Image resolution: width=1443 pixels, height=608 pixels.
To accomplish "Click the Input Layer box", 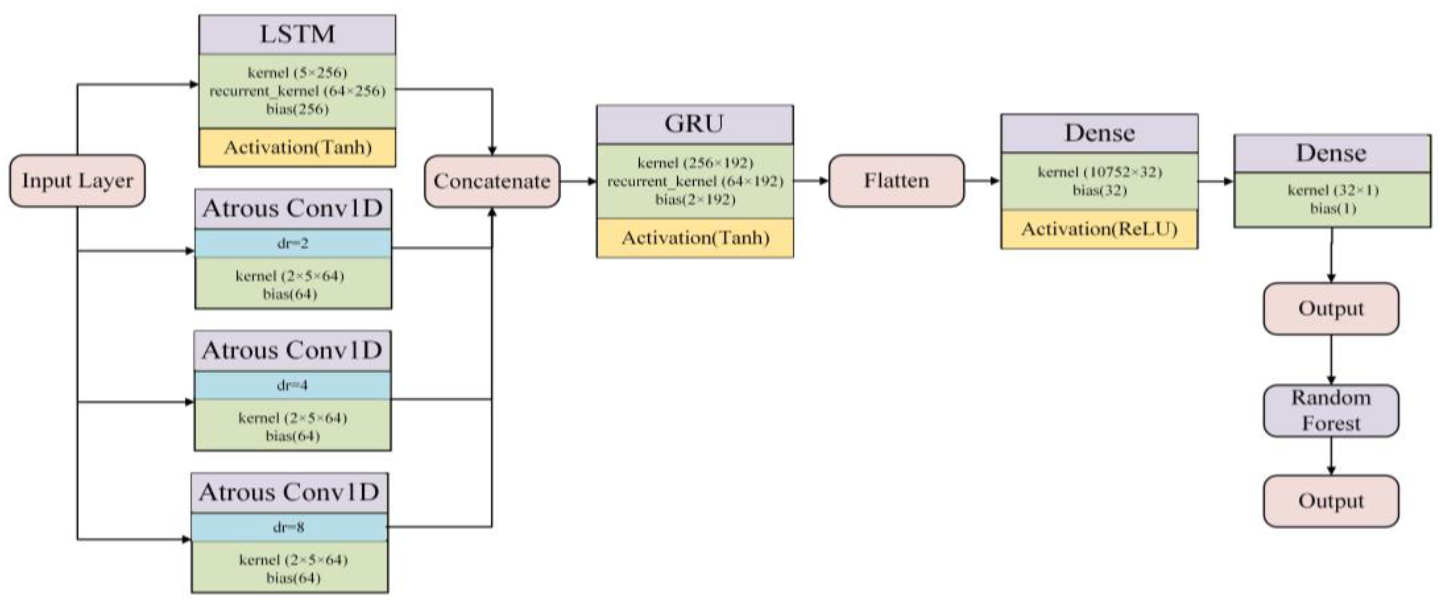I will point(77,180).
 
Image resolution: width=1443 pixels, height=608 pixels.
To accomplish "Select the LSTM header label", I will point(297,34).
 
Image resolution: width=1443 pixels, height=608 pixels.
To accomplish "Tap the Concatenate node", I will point(492,181).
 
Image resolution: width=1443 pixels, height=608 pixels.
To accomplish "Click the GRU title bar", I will point(694,124).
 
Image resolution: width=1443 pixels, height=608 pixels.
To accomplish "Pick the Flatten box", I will point(896,180).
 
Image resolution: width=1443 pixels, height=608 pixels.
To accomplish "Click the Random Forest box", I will point(1331,410).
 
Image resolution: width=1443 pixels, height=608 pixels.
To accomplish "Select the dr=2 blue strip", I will point(293,243).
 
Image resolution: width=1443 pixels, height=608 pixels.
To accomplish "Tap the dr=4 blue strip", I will point(293,385).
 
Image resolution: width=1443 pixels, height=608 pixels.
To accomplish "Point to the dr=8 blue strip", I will point(289,527).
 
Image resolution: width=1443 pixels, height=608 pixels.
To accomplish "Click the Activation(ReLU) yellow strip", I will point(1099,229).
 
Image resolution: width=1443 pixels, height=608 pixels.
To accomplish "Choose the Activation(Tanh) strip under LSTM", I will point(297,147).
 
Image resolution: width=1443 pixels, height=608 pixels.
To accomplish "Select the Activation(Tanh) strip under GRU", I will point(694,237).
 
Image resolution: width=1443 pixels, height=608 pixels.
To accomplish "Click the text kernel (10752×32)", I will point(1099,172).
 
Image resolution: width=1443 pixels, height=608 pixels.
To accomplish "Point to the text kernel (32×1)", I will point(1333,190).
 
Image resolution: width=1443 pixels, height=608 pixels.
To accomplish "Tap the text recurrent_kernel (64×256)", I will point(297,91).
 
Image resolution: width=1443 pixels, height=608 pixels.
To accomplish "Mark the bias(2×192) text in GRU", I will point(694,200).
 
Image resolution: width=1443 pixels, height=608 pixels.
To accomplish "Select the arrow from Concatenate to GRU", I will point(578,181).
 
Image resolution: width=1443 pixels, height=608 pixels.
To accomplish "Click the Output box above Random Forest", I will point(1331,309).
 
